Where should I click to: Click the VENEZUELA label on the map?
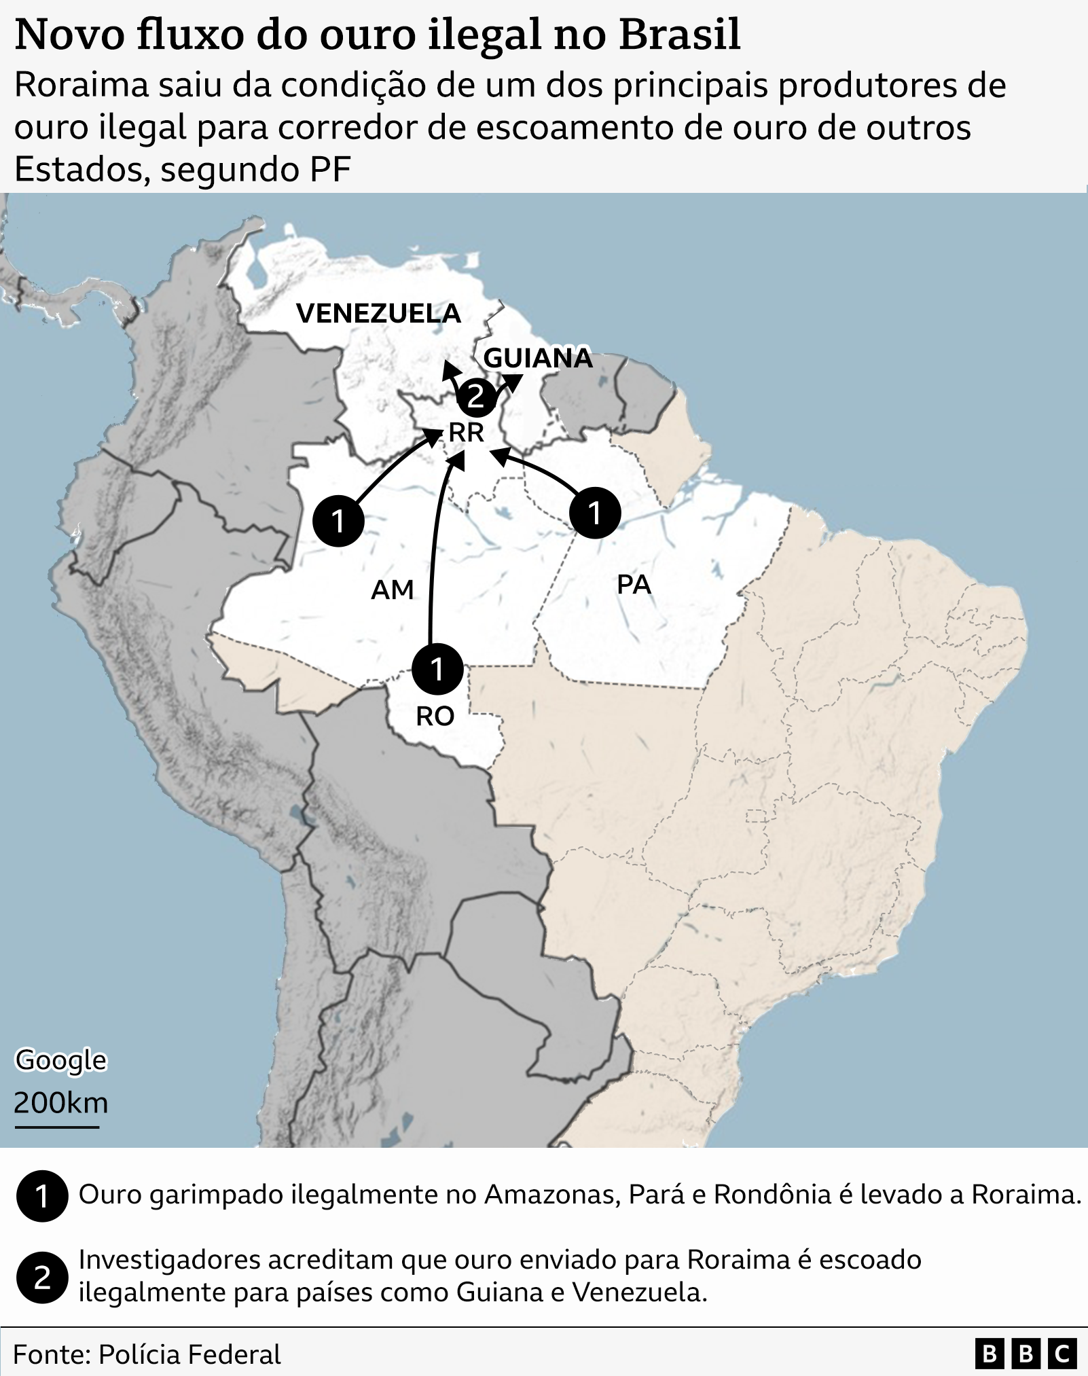[378, 313]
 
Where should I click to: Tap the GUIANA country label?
[538, 358]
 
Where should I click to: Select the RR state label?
[466, 433]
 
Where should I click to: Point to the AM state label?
[392, 590]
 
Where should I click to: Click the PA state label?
[634, 584]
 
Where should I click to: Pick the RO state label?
[435, 716]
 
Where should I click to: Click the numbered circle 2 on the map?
[475, 396]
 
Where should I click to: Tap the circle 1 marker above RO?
[437, 668]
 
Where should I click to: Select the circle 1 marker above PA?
[594, 513]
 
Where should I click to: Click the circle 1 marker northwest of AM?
[338, 521]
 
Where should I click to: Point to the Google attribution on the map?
[61, 1060]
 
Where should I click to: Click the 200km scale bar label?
[61, 1103]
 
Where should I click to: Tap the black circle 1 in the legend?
[42, 1196]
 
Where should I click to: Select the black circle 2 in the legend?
[42, 1279]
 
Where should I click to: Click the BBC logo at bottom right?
[1026, 1354]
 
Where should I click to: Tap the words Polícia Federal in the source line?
[189, 1354]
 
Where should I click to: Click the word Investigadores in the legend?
[170, 1260]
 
